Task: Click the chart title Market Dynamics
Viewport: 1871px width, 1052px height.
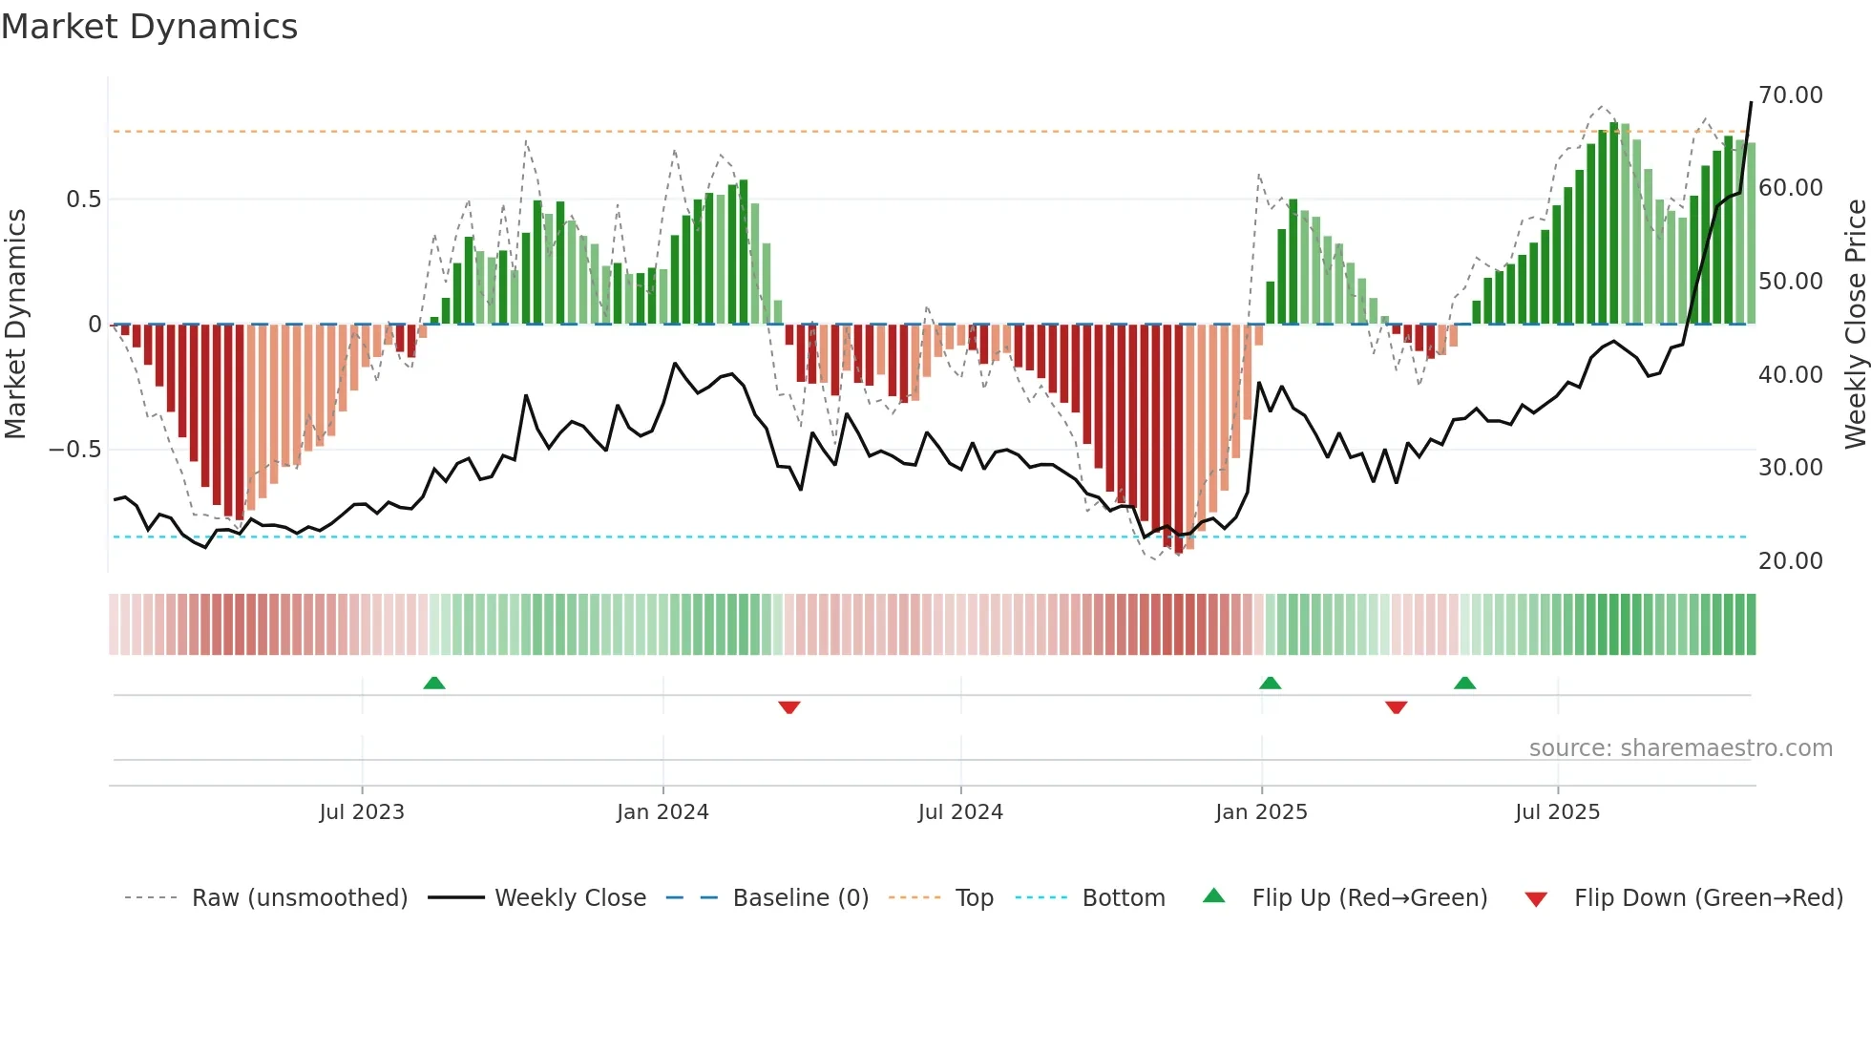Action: coord(149,27)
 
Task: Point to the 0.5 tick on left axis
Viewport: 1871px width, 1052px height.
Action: coord(83,200)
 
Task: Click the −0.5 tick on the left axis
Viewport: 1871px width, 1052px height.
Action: coord(74,450)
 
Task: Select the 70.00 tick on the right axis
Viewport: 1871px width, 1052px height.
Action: coord(1790,95)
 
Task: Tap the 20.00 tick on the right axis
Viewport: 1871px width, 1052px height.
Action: coord(1790,561)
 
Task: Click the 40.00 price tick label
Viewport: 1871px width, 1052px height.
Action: coord(1790,375)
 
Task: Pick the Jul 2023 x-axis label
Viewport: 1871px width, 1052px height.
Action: coord(362,812)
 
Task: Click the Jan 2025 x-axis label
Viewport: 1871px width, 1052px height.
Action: coord(1261,812)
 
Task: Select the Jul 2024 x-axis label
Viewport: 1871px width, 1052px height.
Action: coord(960,812)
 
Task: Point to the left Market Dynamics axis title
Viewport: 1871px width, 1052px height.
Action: coord(15,325)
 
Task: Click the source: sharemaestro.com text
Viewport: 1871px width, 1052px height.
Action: coord(1680,748)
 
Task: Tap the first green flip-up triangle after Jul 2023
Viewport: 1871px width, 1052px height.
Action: coord(434,683)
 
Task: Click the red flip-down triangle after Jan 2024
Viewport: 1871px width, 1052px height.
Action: coord(789,707)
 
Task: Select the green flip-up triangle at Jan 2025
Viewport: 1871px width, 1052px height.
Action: coord(1270,683)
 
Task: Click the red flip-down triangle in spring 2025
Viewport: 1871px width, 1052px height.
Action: coord(1396,707)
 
